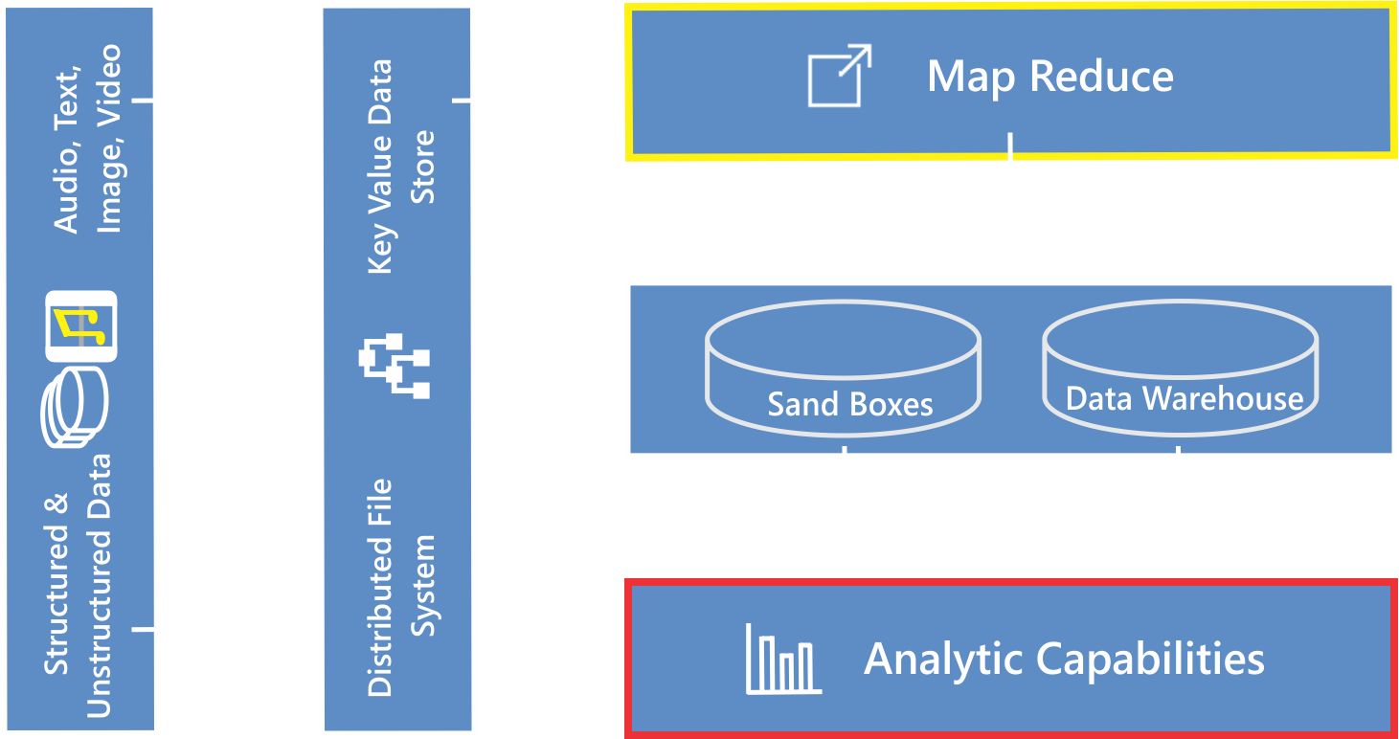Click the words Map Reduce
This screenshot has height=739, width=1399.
pyautogui.click(x=1049, y=77)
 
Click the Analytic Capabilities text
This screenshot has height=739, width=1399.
pyautogui.click(x=1064, y=659)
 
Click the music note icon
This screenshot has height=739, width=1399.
pyautogui.click(x=80, y=326)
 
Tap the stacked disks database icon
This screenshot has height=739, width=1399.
pyautogui.click(x=75, y=412)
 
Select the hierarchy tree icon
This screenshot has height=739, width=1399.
pyautogui.click(x=395, y=365)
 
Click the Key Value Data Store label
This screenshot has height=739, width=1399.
pyautogui.click(x=401, y=167)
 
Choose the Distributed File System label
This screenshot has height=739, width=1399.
pyautogui.click(x=401, y=588)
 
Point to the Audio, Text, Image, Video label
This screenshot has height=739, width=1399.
pyautogui.click(x=87, y=138)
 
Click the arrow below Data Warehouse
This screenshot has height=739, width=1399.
pyautogui.click(x=1179, y=512)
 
